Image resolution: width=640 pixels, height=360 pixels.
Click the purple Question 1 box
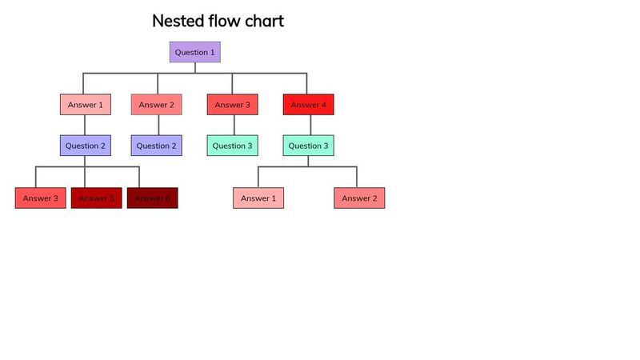(194, 52)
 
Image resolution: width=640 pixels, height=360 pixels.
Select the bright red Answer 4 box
(308, 105)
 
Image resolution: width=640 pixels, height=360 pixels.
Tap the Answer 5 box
(96, 198)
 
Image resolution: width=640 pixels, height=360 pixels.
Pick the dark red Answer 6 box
(152, 198)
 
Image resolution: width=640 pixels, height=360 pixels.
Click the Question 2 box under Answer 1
(85, 146)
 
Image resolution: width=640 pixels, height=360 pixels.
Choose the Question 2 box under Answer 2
(156, 146)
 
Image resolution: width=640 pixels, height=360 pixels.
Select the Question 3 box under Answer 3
(233, 146)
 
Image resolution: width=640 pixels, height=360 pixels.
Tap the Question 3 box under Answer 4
(308, 146)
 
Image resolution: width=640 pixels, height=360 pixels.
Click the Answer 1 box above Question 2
(85, 105)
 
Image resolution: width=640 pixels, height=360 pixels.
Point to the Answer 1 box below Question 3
(258, 198)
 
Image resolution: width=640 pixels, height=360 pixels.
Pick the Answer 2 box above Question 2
(156, 105)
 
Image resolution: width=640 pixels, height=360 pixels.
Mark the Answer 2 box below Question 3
(359, 198)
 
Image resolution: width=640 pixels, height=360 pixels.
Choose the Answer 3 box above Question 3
(233, 105)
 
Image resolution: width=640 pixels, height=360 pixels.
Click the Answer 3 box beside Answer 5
(40, 198)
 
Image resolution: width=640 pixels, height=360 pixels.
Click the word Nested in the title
(178, 22)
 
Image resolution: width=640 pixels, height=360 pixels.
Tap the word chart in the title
(262, 22)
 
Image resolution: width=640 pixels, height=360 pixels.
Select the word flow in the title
(222, 22)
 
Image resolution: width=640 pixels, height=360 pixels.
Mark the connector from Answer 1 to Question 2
(85, 125)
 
